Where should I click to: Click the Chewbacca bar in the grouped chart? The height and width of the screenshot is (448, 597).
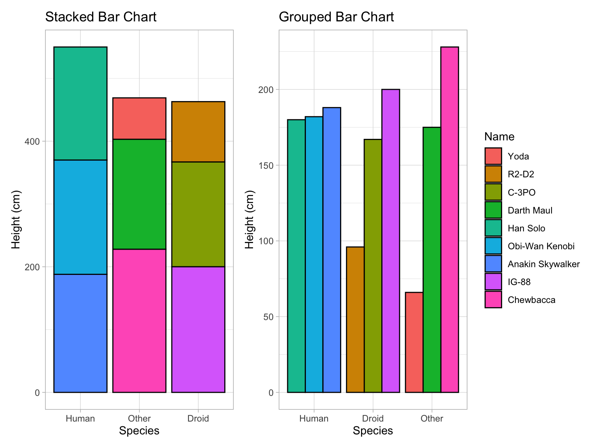point(449,220)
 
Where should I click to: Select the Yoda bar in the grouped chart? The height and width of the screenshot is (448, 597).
point(414,342)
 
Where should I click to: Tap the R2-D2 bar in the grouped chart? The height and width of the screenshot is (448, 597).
point(355,320)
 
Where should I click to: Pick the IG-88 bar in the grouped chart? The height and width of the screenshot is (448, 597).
point(391,241)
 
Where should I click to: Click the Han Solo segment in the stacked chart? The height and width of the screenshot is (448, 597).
point(80,103)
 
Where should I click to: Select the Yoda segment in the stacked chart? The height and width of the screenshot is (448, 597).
point(139,119)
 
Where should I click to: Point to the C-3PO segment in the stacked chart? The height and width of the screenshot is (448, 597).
point(198,214)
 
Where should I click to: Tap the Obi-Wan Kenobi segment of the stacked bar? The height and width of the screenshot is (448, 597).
point(80,217)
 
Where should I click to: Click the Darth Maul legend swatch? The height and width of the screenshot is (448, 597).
point(493,210)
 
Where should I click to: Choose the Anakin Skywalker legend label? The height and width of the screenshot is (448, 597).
point(543,264)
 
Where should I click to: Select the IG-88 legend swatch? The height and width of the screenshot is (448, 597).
point(493,282)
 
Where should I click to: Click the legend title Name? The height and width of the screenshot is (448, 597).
point(499,137)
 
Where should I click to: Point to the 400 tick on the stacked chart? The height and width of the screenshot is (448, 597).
point(32,141)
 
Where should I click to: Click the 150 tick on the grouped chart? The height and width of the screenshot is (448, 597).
point(266,165)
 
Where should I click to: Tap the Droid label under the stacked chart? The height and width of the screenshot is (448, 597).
point(198,418)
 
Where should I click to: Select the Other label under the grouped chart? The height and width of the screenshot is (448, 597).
point(431,418)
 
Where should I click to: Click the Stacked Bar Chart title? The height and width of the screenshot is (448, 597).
point(101,17)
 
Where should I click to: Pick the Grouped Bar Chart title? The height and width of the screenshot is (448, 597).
point(336,17)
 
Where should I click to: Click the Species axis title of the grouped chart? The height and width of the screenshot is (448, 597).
point(373,431)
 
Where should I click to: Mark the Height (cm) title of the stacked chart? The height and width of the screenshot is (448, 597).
point(16,219)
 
